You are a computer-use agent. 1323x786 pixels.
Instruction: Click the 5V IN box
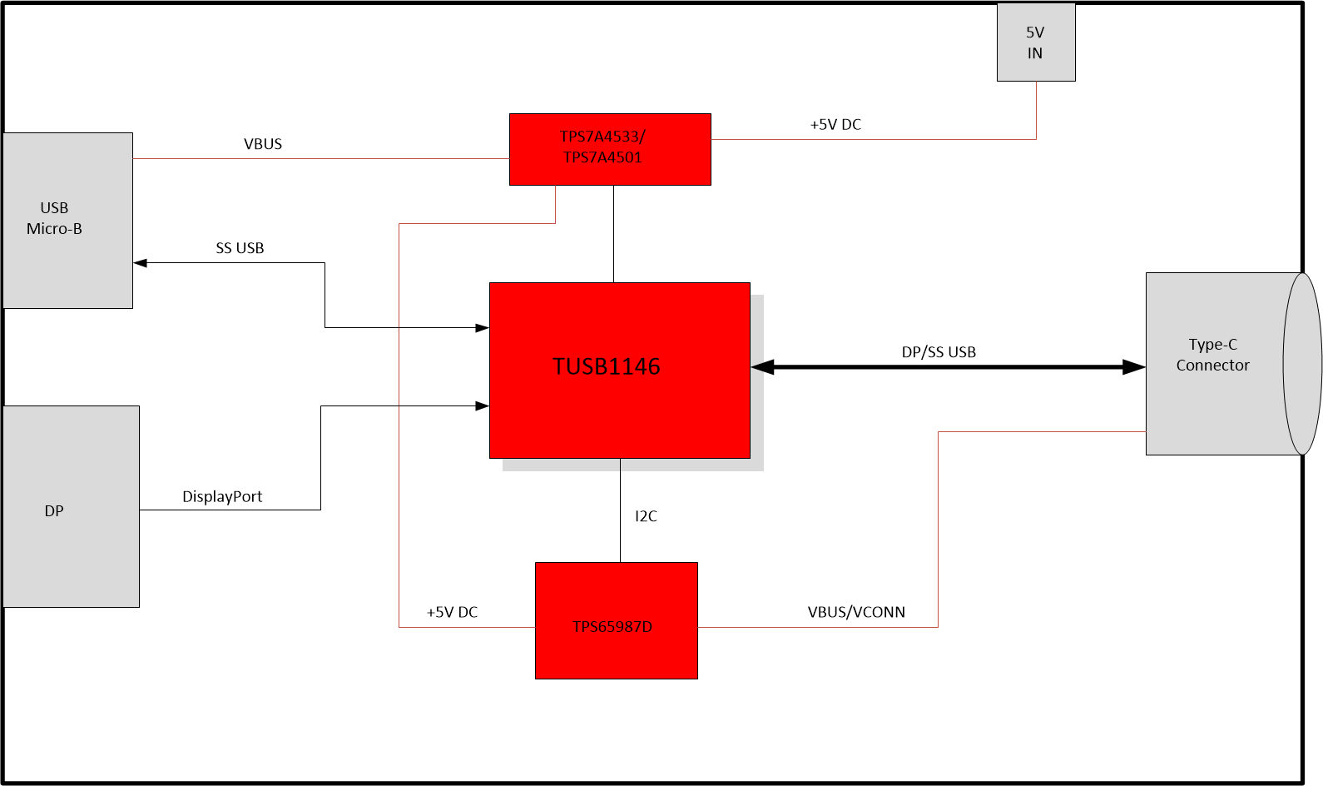pyautogui.click(x=1036, y=42)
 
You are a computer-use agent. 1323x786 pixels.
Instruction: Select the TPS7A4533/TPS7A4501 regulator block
pyautogui.click(x=610, y=149)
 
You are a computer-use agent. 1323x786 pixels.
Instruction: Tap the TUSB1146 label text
pyautogui.click(x=607, y=366)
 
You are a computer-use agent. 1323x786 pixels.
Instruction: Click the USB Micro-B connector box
pyautogui.click(x=67, y=220)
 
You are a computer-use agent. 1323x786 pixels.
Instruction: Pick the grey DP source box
pyautogui.click(x=71, y=506)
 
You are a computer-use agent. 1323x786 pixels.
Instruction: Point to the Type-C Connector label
pyautogui.click(x=1212, y=355)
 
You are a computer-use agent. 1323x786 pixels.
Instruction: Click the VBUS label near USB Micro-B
pyautogui.click(x=263, y=144)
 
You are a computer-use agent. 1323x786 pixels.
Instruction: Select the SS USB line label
pyautogui.click(x=240, y=248)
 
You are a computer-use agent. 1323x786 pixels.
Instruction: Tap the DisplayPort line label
pyautogui.click(x=222, y=497)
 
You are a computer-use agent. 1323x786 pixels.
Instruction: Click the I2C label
pyautogui.click(x=646, y=516)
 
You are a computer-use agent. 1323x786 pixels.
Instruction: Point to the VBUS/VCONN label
pyautogui.click(x=856, y=612)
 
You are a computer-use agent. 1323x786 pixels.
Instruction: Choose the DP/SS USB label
pyautogui.click(x=939, y=352)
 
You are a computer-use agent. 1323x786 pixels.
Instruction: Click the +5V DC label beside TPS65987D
pyautogui.click(x=452, y=612)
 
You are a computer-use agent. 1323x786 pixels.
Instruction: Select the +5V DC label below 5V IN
pyautogui.click(x=835, y=125)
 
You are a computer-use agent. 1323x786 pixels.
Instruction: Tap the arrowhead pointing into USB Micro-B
pyautogui.click(x=141, y=263)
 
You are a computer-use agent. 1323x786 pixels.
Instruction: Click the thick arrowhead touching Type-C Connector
pyautogui.click(x=1134, y=367)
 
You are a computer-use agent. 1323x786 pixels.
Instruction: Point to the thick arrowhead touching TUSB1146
pyautogui.click(x=762, y=367)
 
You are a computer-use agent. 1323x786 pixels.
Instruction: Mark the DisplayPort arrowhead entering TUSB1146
pyautogui.click(x=482, y=406)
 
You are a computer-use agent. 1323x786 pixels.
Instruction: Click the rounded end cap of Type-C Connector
pyautogui.click(x=1303, y=364)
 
